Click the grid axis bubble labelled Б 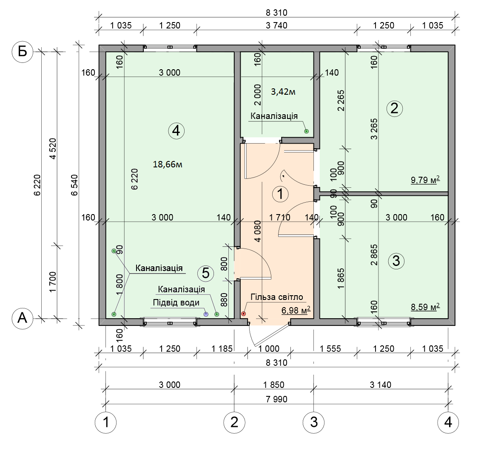click(x=22, y=52)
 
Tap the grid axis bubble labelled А click(x=22, y=318)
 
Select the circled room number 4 click(x=176, y=131)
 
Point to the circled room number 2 click(x=395, y=108)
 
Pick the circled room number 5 click(x=206, y=273)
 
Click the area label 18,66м click(x=168, y=164)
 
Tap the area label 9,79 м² click(x=425, y=180)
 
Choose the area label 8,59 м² click(x=425, y=307)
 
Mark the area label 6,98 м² click(x=296, y=310)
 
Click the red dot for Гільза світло click(x=244, y=314)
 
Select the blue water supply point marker click(x=206, y=314)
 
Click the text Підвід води click(x=176, y=302)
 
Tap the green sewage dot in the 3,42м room click(x=307, y=131)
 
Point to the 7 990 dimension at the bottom click(x=276, y=399)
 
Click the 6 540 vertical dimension click(x=74, y=185)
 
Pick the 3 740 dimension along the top click(x=276, y=25)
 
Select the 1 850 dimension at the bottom click(x=274, y=385)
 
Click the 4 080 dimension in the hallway click(x=258, y=231)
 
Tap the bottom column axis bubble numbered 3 click(x=314, y=422)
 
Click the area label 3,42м click(x=283, y=92)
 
